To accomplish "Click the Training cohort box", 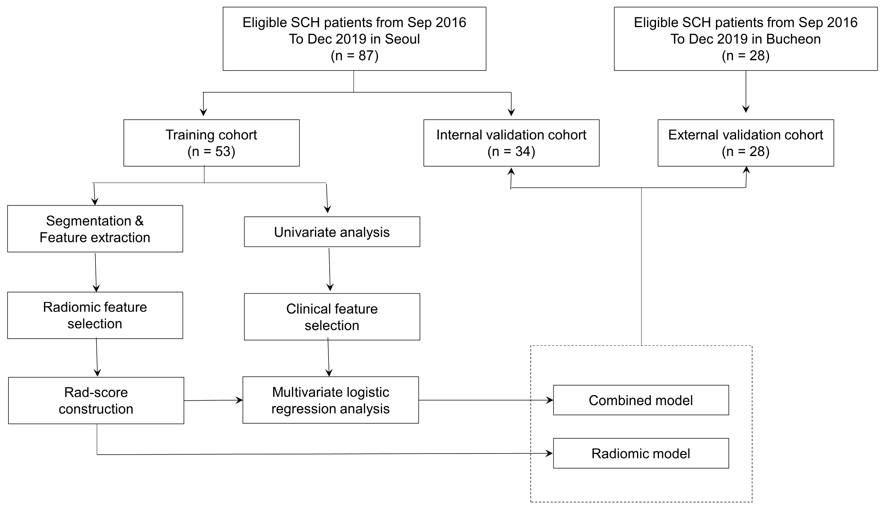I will [x=211, y=143].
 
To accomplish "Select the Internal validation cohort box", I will [x=511, y=143].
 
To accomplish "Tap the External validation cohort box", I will [x=745, y=143].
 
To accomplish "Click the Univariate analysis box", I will [x=332, y=232].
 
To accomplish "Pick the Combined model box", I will [x=641, y=400].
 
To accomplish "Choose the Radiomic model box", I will [x=641, y=453].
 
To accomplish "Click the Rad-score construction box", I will [x=96, y=400].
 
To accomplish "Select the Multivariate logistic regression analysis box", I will [x=331, y=400].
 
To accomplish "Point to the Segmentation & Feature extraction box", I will [x=95, y=229].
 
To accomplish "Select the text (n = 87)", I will [x=354, y=56].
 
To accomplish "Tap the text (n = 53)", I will [x=211, y=152].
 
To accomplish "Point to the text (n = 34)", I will [x=511, y=152].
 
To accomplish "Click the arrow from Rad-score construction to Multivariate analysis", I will [x=213, y=400].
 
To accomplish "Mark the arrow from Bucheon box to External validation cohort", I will [x=746, y=91].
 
